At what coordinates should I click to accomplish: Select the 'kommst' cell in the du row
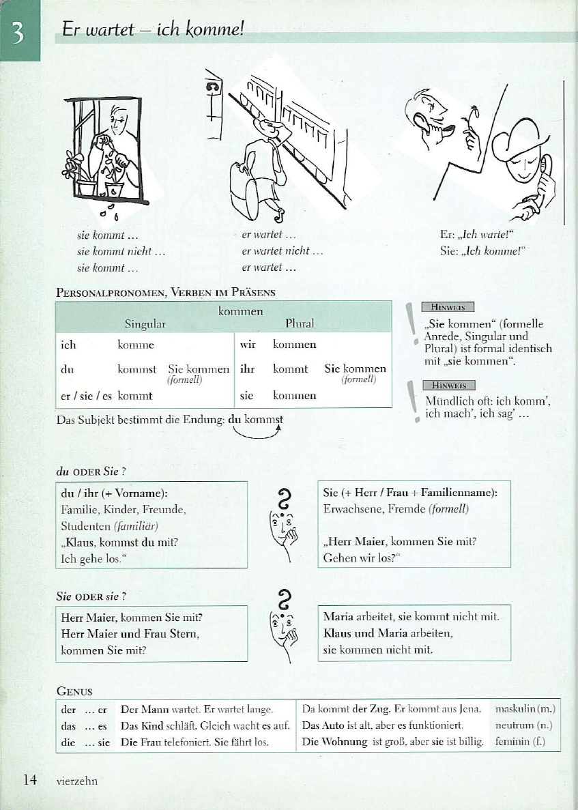[x=136, y=369]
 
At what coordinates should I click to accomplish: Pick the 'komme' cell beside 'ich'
[x=136, y=345]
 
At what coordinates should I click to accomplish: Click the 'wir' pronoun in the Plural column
[x=248, y=345]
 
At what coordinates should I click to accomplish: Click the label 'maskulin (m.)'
[x=525, y=710]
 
